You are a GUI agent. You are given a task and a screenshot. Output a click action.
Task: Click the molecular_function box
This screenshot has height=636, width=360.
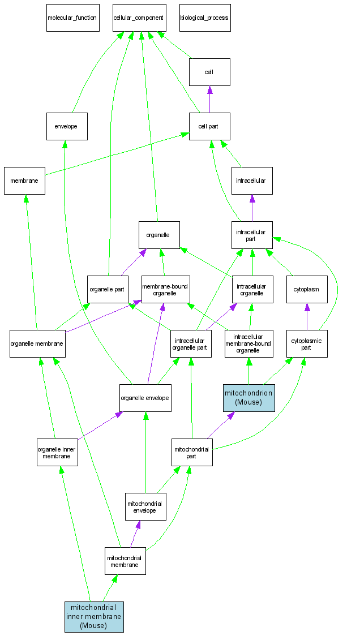click(x=72, y=18)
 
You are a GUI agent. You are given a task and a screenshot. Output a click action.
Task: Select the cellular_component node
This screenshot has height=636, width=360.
click(x=139, y=18)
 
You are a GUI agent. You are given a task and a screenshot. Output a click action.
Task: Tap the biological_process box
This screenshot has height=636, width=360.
click(x=204, y=18)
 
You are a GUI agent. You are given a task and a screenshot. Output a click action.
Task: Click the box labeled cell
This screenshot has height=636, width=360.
click(x=209, y=72)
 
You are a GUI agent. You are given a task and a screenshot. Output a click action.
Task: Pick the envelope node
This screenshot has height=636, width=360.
click(x=67, y=126)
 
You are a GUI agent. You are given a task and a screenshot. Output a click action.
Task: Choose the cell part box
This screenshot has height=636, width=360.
click(x=209, y=126)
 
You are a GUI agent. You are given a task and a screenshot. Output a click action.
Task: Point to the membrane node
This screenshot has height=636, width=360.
click(x=24, y=181)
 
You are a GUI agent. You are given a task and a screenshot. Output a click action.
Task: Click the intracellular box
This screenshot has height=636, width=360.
click(x=252, y=181)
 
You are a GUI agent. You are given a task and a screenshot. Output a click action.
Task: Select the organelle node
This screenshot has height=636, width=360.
click(x=159, y=235)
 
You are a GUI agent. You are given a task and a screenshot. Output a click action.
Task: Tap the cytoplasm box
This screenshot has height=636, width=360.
click(x=306, y=289)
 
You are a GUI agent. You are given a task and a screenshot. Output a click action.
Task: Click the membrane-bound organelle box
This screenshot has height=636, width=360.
click(x=165, y=289)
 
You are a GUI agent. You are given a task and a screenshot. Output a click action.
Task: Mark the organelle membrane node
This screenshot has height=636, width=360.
click(x=37, y=343)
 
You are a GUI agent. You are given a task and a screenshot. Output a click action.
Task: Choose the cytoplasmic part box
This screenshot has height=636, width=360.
click(x=306, y=343)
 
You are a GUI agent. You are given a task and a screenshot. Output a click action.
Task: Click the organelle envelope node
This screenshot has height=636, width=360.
click(x=145, y=398)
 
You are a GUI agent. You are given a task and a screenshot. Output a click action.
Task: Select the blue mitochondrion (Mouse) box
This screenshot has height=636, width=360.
click(x=249, y=398)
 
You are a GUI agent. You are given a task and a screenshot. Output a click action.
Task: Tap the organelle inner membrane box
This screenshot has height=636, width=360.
click(x=57, y=452)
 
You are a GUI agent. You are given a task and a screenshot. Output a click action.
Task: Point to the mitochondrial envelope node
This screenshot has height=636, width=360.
click(x=145, y=506)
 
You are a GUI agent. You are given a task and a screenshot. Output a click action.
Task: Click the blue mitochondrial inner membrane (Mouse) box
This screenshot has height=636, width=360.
click(x=94, y=617)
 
